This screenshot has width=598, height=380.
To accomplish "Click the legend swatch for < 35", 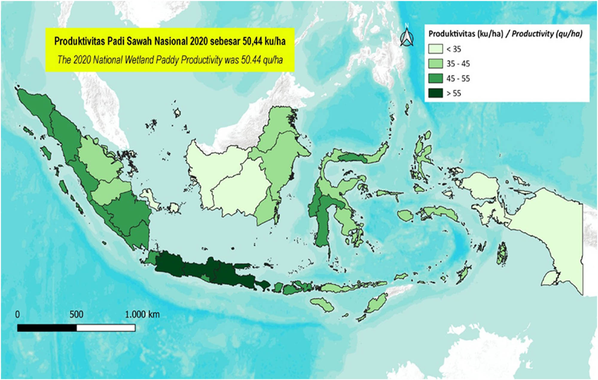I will pos(435,49).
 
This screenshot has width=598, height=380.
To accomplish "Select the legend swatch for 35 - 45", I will pos(435,63).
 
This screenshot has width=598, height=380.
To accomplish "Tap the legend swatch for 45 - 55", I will pos(435,78).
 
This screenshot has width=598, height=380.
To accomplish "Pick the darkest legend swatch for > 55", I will pos(435,93).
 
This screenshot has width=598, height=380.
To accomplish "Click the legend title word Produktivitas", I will pos(451,34).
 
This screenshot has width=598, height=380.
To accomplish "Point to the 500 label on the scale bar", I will pos(77,314).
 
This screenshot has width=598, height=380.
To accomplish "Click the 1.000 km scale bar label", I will pos(142,314).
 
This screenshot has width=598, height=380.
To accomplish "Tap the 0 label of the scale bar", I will pos(18,314).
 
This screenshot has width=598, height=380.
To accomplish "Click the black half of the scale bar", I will pos(47,328).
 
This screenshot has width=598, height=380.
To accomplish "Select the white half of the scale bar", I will pos(106,328).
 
